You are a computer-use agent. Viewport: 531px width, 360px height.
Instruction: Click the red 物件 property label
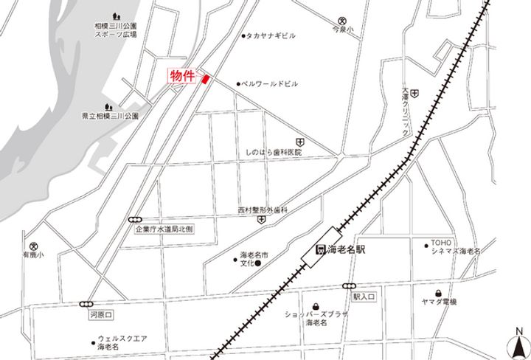click(182, 77)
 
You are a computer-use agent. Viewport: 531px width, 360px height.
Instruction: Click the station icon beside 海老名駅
click(321, 249)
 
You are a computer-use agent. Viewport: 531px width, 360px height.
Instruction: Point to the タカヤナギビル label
click(272, 35)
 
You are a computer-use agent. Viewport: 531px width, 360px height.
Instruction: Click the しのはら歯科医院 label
click(274, 152)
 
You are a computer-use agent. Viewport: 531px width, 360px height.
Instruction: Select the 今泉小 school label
click(342, 31)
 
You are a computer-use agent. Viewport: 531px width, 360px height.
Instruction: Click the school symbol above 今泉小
click(341, 21)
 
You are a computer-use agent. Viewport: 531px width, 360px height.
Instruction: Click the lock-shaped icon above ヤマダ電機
click(439, 291)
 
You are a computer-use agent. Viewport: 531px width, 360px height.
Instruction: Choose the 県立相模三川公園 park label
click(110, 116)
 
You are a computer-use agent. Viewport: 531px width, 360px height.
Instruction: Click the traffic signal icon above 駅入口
click(349, 286)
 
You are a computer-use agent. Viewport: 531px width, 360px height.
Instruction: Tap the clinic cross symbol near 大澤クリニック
click(414, 94)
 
